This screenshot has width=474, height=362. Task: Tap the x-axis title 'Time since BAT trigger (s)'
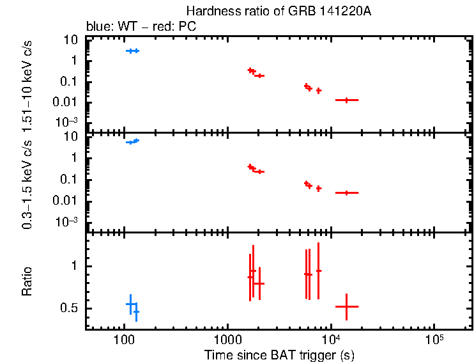(279, 355)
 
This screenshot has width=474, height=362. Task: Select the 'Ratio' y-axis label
(27, 281)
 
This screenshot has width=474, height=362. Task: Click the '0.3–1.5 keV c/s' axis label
(27, 183)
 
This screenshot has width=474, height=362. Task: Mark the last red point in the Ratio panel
(346, 307)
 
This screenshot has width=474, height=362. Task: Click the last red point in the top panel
(346, 100)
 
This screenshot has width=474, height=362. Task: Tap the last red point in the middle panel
(346, 193)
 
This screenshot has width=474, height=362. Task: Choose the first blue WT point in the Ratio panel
(130, 304)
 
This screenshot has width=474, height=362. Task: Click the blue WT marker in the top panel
(132, 51)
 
